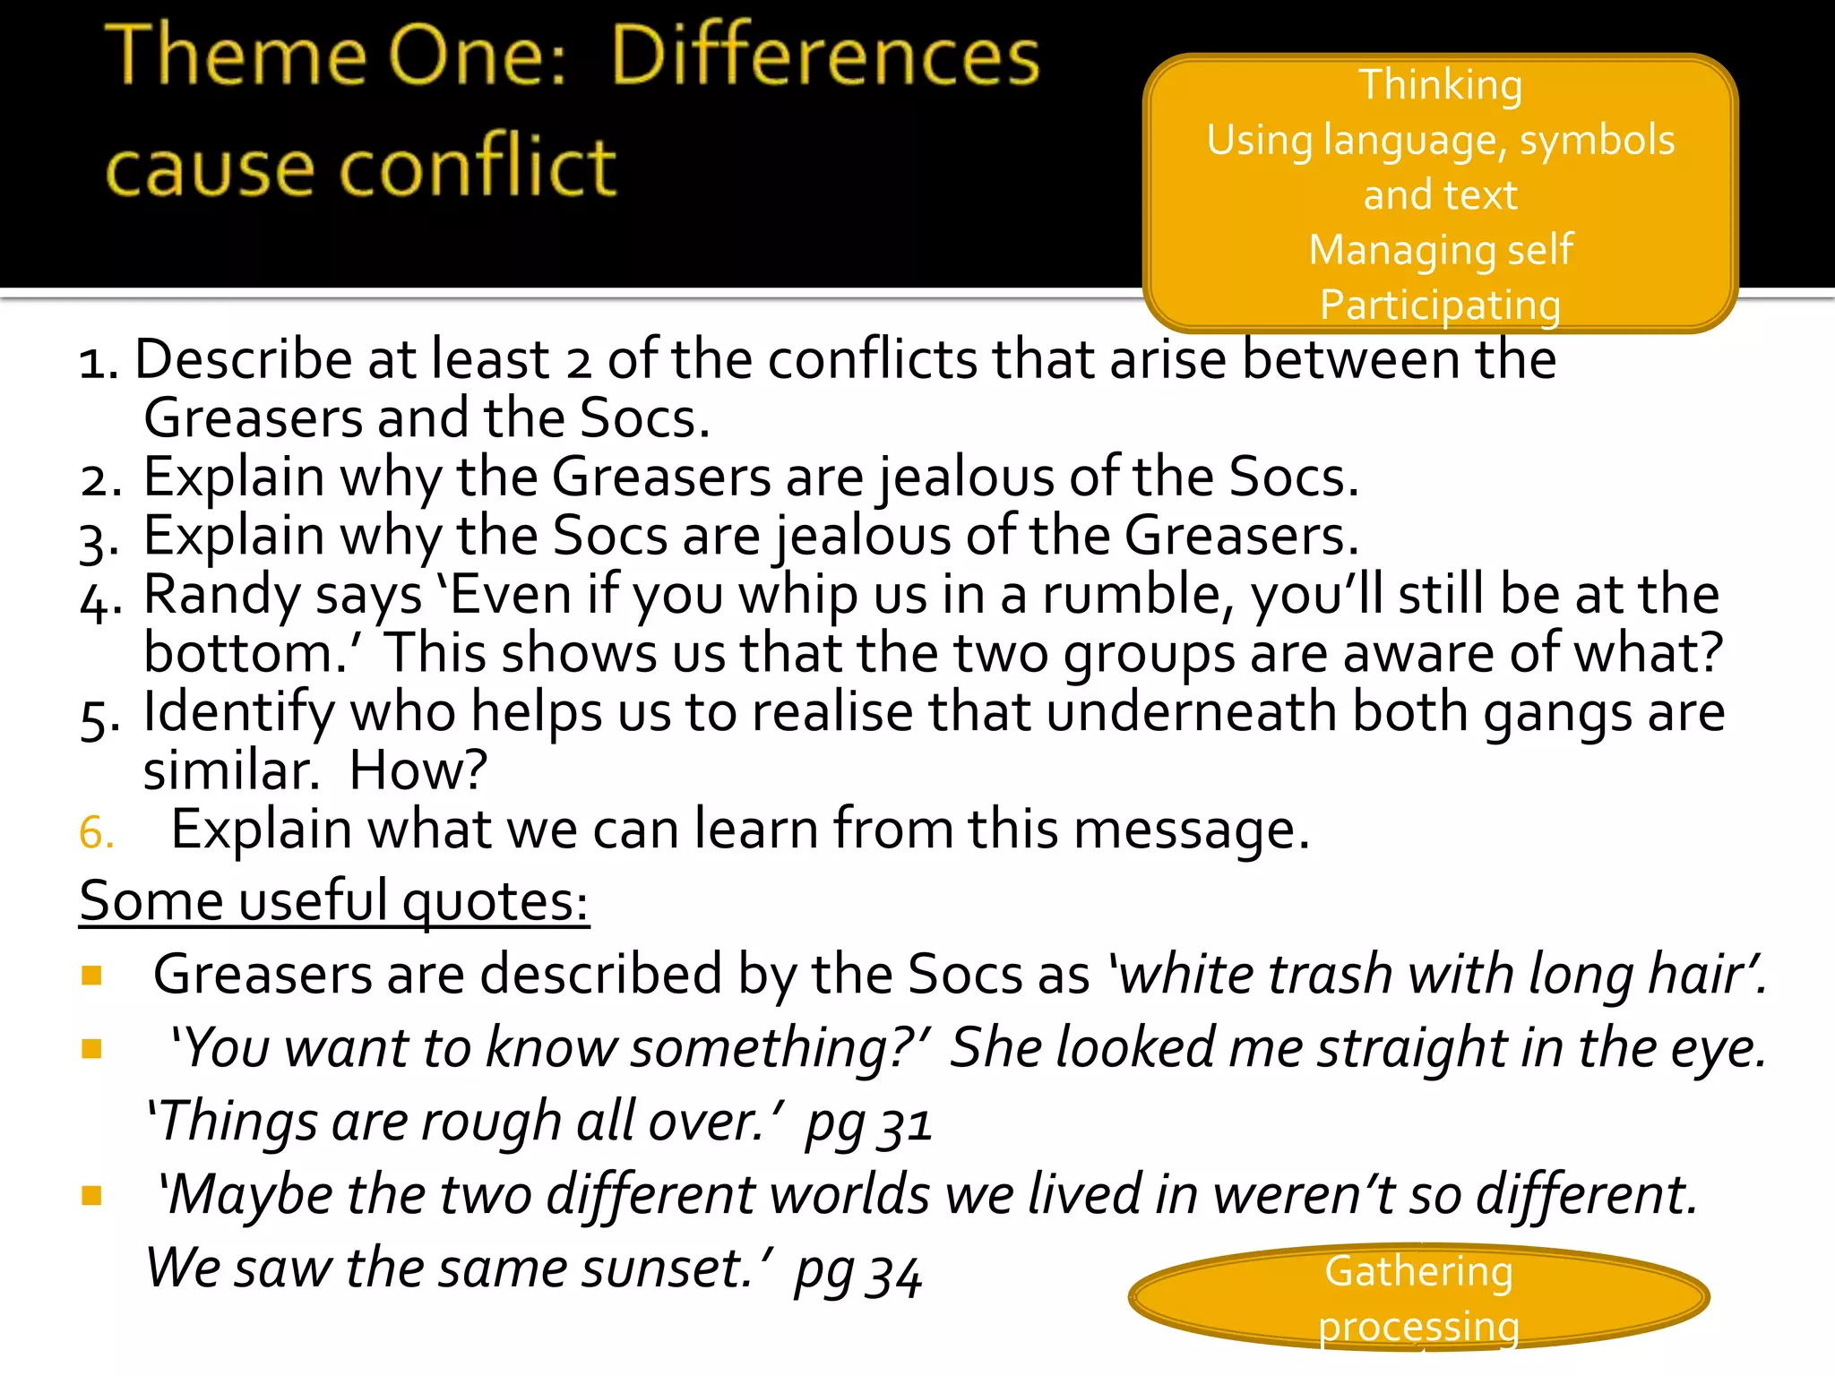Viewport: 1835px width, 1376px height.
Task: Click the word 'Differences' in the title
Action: [824, 56]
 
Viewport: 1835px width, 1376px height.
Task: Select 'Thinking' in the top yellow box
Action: [1440, 85]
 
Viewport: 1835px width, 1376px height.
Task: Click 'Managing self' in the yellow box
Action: [1440, 250]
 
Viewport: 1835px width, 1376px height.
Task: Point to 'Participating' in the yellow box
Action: [1440, 305]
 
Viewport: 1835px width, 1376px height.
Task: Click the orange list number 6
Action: [96, 833]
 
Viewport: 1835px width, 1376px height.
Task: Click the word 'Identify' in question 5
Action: [238, 713]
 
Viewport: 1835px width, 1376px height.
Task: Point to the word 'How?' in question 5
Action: [418, 770]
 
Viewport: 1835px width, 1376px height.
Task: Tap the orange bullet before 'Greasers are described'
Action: [91, 976]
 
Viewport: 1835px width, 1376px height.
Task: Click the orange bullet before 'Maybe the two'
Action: [91, 1196]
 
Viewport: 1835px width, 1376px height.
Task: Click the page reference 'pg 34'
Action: [857, 1271]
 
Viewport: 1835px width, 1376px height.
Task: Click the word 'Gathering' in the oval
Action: [1418, 1271]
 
